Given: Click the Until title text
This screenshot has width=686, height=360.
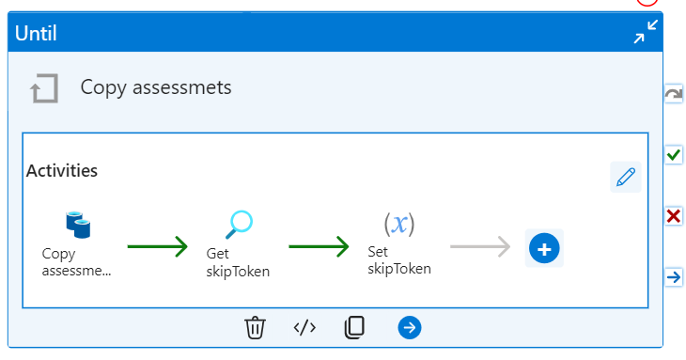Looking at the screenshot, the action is pyautogui.click(x=36, y=34).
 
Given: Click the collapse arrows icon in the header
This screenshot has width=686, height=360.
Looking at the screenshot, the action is pyautogui.click(x=646, y=34).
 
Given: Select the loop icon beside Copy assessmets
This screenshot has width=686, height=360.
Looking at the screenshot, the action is pyautogui.click(x=44, y=88).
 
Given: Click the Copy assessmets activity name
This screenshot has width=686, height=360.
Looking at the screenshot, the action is pyautogui.click(x=156, y=87).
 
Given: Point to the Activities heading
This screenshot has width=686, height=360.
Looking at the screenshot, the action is pyautogui.click(x=62, y=171).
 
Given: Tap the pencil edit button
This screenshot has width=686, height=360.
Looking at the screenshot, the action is pyautogui.click(x=625, y=177).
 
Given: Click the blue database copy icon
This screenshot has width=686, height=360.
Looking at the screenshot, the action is pyautogui.click(x=77, y=225).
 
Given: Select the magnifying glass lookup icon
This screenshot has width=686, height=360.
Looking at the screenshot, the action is pyautogui.click(x=240, y=224).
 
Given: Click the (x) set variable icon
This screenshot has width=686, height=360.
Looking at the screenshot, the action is pyautogui.click(x=399, y=224).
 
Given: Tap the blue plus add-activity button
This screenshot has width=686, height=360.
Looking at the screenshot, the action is pyautogui.click(x=545, y=248).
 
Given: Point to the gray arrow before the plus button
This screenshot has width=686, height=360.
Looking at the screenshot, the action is pyautogui.click(x=479, y=247).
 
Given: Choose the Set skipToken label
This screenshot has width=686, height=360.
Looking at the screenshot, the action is pyautogui.click(x=398, y=259).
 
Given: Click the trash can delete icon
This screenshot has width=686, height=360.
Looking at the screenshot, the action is pyautogui.click(x=256, y=327).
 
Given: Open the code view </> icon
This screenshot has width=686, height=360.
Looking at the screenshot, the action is pyautogui.click(x=304, y=327).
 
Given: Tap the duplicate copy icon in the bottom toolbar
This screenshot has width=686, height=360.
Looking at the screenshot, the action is pyautogui.click(x=354, y=327).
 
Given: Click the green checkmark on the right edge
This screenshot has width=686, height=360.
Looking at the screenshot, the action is pyautogui.click(x=673, y=154).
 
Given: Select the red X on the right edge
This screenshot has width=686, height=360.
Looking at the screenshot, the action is pyautogui.click(x=673, y=216).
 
